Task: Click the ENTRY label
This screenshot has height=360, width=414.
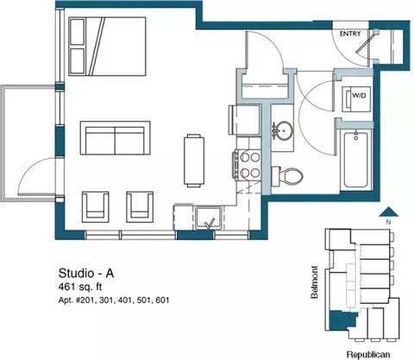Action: pos(350,34)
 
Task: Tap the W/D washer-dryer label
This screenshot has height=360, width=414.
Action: pos(360,95)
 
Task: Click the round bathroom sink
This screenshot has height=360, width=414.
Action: pos(282,130)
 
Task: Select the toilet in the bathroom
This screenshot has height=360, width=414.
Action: pos(287,175)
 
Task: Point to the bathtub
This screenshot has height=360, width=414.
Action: pos(356,160)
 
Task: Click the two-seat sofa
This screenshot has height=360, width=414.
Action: pos(116,138)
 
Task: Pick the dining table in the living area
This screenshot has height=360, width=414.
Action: pos(194,161)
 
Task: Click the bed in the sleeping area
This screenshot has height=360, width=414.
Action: pos(107,47)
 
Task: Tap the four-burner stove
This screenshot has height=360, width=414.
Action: pos(248,165)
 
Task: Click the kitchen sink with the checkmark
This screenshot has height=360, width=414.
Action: pos(209,218)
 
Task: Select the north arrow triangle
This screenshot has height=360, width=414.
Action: pos(388,212)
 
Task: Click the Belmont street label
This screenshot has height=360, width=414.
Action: pos(315,282)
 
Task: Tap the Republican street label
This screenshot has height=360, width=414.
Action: pos(368,355)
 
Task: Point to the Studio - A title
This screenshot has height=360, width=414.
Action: pos(86,273)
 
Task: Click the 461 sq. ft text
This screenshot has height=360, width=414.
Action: pos(80,287)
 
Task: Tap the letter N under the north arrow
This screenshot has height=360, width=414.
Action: pos(388,222)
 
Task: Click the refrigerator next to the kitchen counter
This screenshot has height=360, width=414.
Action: pos(245,120)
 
